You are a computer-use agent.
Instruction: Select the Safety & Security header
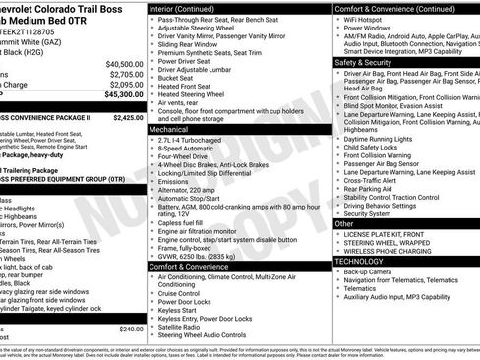coord(362,61)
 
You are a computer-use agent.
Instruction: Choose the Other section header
coord(344,223)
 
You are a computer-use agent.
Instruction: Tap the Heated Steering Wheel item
coord(194,95)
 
